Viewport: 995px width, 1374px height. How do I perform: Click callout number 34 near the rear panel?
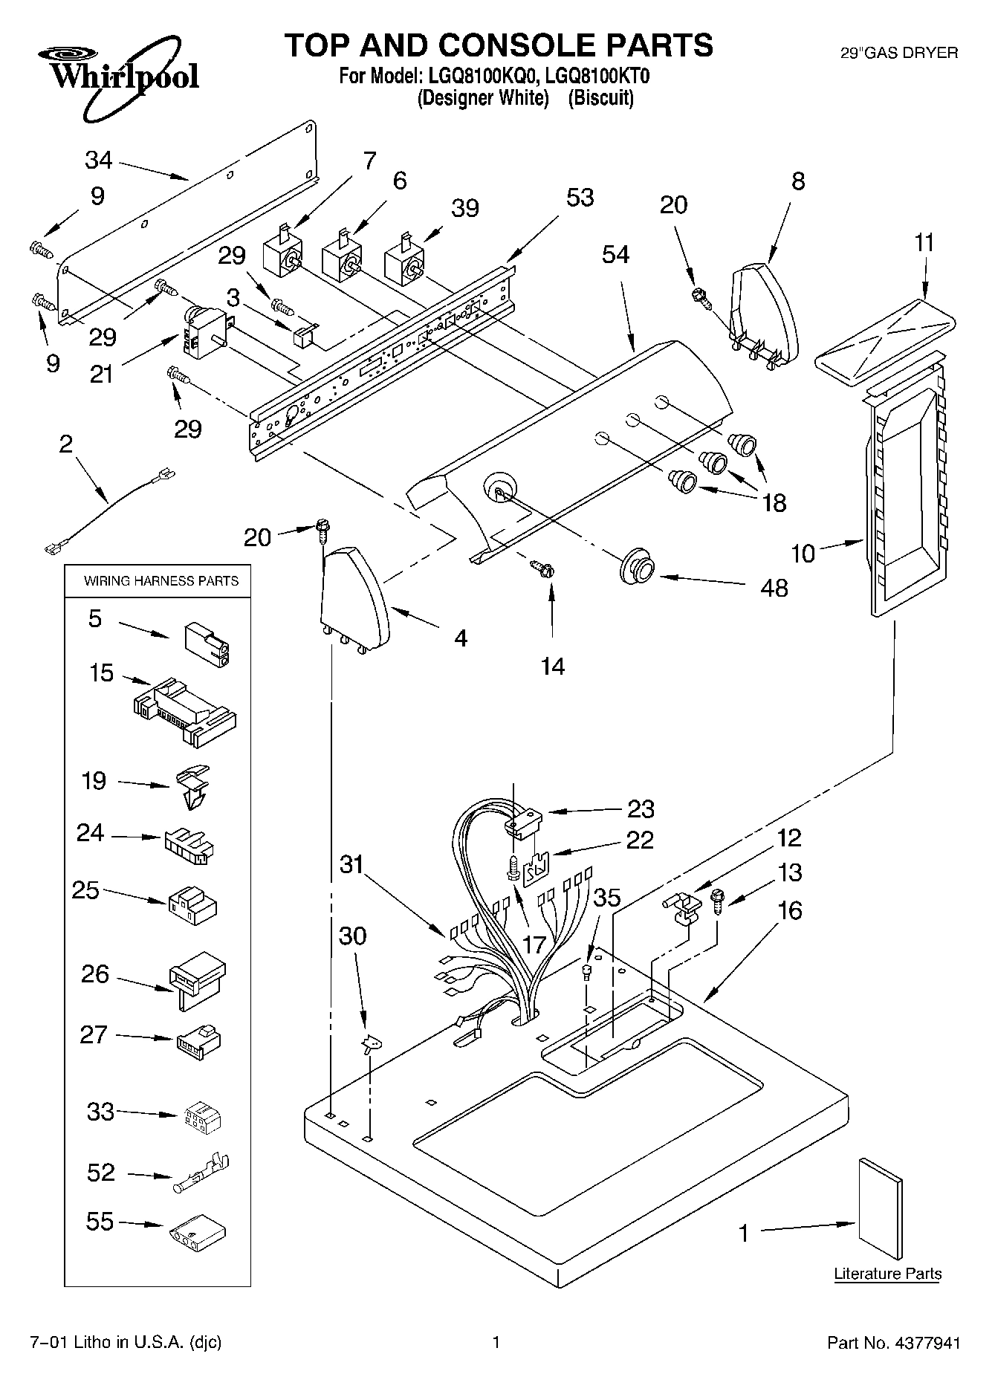point(98,159)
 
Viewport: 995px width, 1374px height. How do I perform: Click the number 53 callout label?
point(580,198)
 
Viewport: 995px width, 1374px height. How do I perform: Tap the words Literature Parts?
point(887,1274)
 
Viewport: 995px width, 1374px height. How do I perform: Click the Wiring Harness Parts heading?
point(161,580)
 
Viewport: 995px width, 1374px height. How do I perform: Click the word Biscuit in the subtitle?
point(600,98)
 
